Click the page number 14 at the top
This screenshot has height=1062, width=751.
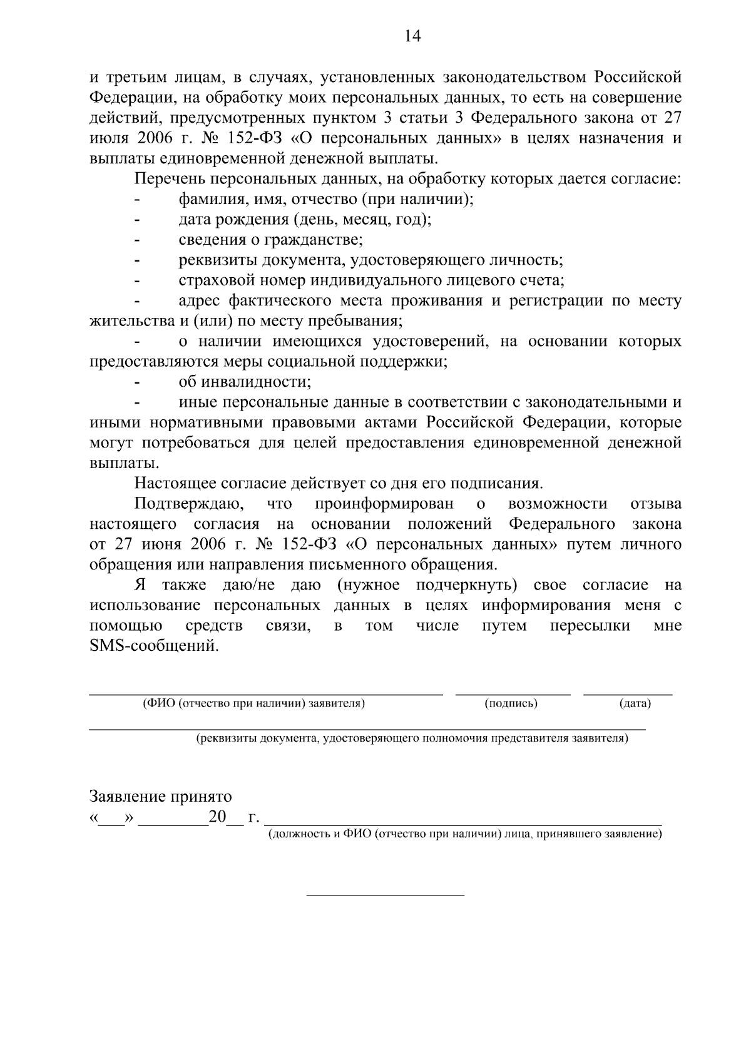click(x=412, y=36)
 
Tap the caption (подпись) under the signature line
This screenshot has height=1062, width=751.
click(x=511, y=703)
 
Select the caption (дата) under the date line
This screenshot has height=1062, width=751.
click(x=635, y=703)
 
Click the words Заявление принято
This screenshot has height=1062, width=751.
click(x=161, y=797)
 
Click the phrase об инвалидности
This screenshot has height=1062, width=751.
click(x=245, y=382)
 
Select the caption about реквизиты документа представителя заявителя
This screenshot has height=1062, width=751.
click(x=412, y=738)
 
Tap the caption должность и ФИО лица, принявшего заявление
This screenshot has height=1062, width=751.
click(x=464, y=834)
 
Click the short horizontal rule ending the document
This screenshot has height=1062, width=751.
click(x=385, y=894)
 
